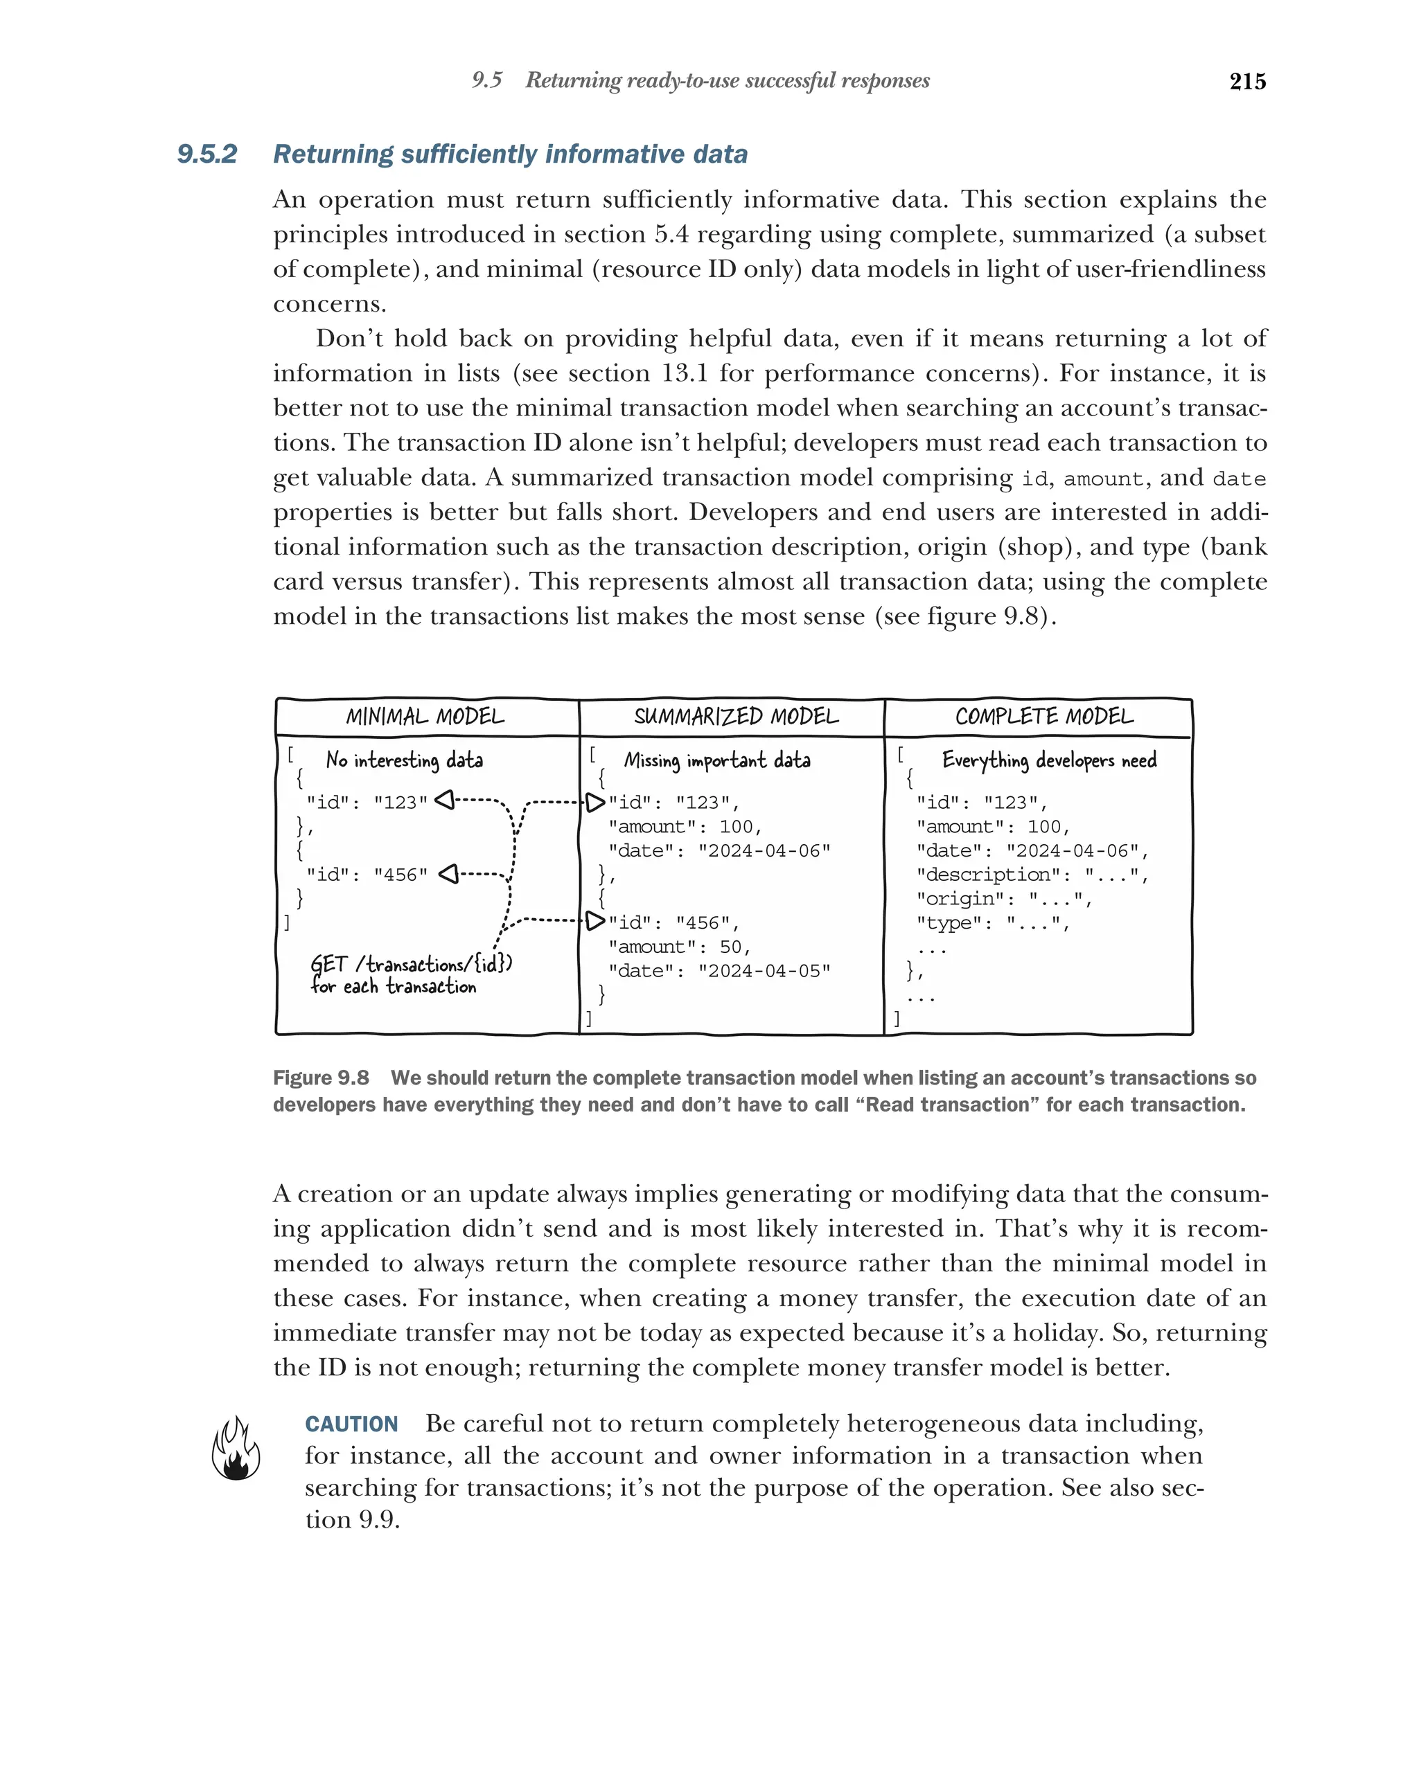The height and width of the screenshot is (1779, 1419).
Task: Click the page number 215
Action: coord(1246,81)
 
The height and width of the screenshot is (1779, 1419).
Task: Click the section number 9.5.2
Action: coord(207,154)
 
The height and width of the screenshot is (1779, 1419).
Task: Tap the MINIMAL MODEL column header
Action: coord(425,716)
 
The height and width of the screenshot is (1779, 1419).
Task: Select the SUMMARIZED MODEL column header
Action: coord(736,716)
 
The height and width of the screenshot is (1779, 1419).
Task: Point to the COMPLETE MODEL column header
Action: coord(1043,716)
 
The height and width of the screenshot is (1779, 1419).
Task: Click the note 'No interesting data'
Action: coord(404,760)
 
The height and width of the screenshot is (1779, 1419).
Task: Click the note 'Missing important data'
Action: coord(716,760)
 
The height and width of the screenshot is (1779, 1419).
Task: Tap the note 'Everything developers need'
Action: coord(1048,760)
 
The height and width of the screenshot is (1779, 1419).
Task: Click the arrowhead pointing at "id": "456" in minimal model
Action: coord(448,873)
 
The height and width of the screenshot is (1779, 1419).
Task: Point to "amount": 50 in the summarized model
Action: coord(678,947)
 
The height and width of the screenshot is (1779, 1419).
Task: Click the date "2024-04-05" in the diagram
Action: coord(764,970)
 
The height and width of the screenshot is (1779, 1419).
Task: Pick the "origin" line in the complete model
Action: coord(1004,899)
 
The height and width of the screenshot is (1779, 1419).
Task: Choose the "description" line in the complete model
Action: coord(1032,875)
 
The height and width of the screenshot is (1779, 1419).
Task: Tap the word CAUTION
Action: coord(352,1424)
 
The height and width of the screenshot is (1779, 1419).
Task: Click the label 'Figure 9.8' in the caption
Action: coord(321,1078)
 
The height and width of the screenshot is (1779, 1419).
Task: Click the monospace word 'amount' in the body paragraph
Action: coord(1102,479)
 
